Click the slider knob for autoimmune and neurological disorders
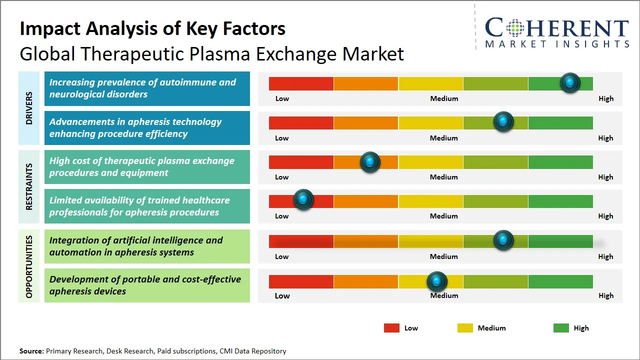pyautogui.click(x=569, y=82)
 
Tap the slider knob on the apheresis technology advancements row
pyautogui.click(x=503, y=121)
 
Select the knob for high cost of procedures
pyautogui.click(x=370, y=162)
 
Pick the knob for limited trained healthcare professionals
pyautogui.click(x=303, y=199)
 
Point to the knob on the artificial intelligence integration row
pyautogui.click(x=503, y=240)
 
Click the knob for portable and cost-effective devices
pyautogui.click(x=437, y=281)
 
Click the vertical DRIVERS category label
pyautogui.click(x=29, y=107)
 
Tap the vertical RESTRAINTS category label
pyautogui.click(x=29, y=186)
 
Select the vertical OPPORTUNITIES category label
pyautogui.click(x=29, y=266)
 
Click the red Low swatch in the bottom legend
pyautogui.click(x=391, y=328)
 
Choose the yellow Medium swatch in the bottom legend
pyautogui.click(x=465, y=328)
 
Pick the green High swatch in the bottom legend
pyautogui.click(x=561, y=328)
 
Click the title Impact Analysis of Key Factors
pyautogui.click(x=152, y=28)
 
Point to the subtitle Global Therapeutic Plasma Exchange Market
pyautogui.click(x=211, y=53)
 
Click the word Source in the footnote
pyautogui.click(x=31, y=351)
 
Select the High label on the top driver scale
pyautogui.click(x=605, y=98)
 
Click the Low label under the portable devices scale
pyautogui.click(x=282, y=295)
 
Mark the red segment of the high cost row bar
pyautogui.click(x=301, y=162)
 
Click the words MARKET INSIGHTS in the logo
pyautogui.click(x=557, y=44)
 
